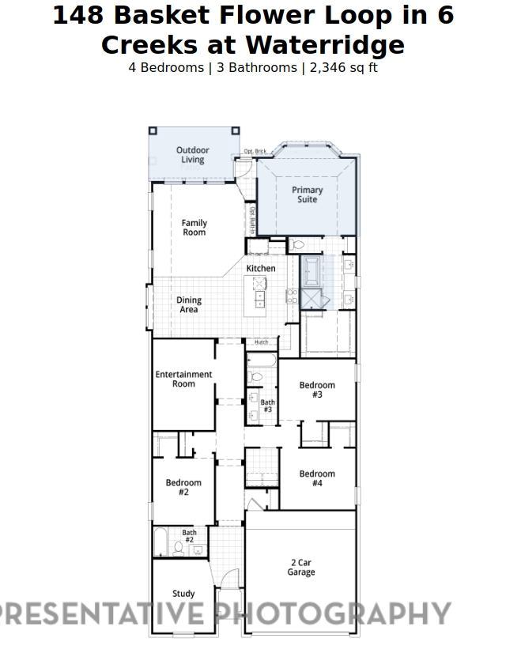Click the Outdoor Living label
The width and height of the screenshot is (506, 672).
192,155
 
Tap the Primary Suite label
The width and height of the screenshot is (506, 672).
307,194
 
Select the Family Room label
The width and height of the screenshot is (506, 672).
194,228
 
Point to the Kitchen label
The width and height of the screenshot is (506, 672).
261,269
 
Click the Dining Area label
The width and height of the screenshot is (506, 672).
189,305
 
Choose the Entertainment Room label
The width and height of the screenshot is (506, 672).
183,379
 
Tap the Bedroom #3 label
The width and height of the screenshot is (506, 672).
317,390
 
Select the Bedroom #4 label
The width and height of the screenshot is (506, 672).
317,478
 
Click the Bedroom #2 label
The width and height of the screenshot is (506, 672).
183,487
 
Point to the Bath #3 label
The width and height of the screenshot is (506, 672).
268,406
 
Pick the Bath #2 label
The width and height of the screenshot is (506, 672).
190,536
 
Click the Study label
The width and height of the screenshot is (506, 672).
183,594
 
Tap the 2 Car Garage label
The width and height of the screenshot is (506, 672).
300,568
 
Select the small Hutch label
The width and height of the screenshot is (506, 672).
261,342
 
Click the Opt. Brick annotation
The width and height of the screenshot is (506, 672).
255,151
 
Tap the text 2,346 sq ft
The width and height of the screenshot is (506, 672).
343,67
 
